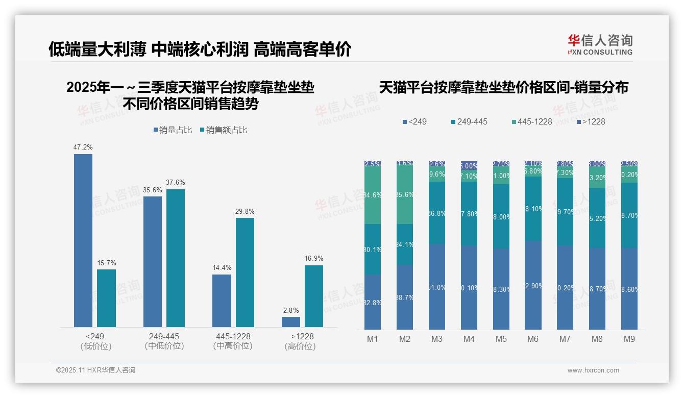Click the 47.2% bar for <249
83,240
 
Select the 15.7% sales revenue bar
106,298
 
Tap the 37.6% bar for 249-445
176,258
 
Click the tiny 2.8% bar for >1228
291,322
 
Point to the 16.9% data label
314,258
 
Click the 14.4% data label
222,267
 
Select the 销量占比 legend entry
173,130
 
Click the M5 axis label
501,339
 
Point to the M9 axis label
629,339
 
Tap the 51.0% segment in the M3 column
437,287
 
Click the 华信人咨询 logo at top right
600,44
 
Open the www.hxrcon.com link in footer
593,370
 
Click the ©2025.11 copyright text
95,370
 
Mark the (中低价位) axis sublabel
164,346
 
